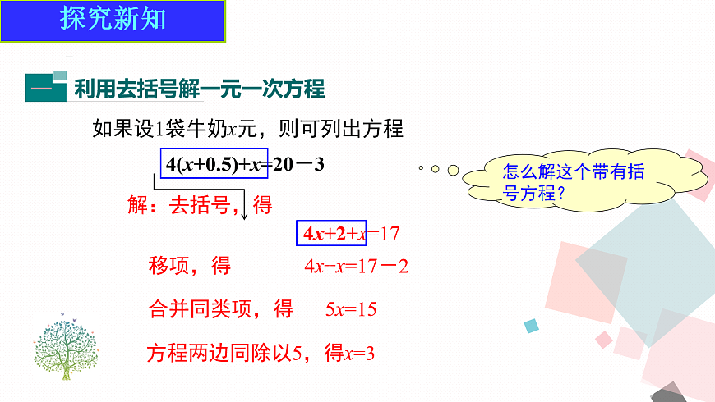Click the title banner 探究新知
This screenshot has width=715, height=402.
(113, 19)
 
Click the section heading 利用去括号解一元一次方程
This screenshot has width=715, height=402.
(199, 88)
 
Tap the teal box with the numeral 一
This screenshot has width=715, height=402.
(45, 87)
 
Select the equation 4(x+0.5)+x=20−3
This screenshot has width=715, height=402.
(245, 164)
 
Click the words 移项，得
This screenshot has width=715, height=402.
(189, 266)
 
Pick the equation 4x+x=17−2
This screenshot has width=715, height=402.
(356, 266)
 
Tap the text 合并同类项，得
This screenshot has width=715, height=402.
(219, 309)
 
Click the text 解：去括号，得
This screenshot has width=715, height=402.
(200, 204)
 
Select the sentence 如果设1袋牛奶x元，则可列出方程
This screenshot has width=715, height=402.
(247, 129)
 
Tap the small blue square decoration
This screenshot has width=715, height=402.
(532, 326)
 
